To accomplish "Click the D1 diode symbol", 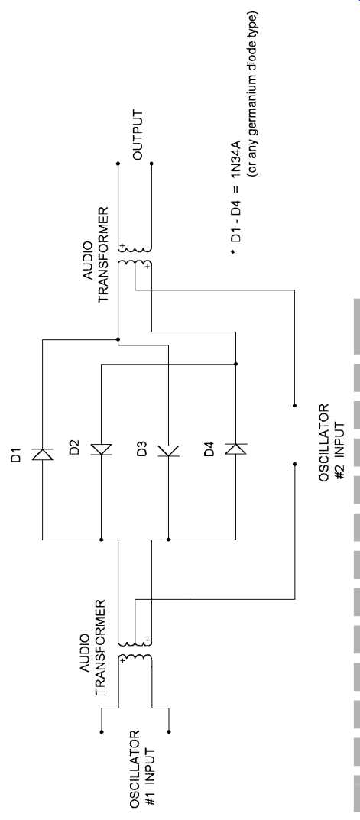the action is [42, 455].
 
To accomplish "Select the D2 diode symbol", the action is [101, 449].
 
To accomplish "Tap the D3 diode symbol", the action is [168, 450].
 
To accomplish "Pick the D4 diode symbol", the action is [235, 448].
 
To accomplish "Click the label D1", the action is [18, 455].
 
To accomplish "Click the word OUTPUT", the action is [138, 135].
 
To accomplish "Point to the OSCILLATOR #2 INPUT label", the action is [332, 442].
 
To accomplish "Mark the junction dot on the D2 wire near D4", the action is [235, 364].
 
